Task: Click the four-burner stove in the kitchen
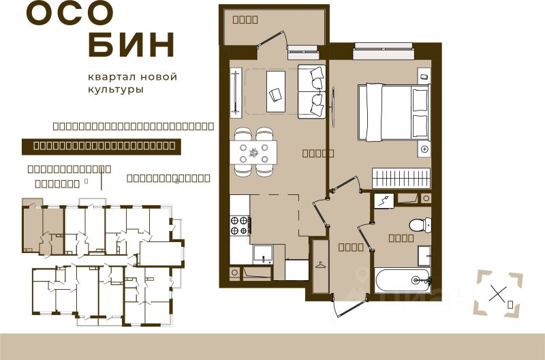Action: pos(240,225)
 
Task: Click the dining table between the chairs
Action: pos(254,151)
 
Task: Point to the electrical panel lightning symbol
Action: pos(384,200)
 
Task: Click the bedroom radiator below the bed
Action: pos(401,177)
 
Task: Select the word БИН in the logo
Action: pos(132,45)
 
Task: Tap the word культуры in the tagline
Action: pos(115,90)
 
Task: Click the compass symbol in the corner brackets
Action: pos(499,294)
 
